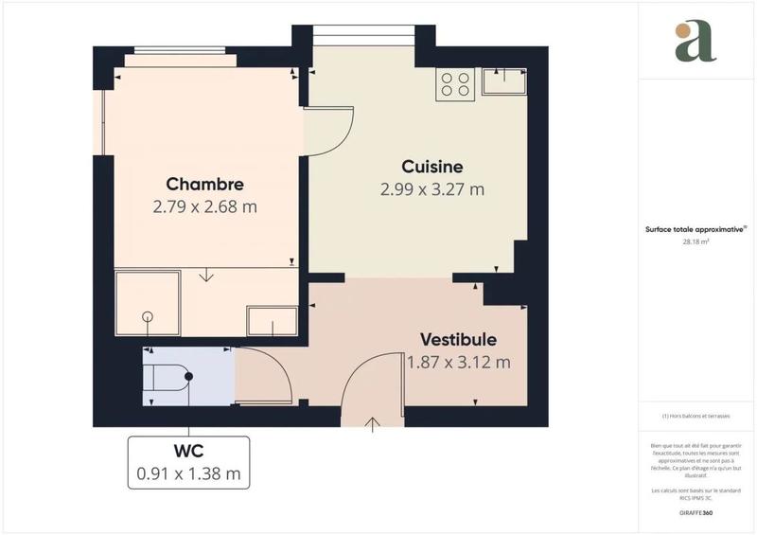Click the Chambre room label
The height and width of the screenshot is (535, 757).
205,184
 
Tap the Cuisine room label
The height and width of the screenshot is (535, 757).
431,165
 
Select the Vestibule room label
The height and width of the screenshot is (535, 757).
459,339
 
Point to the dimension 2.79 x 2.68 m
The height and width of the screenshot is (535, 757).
205,206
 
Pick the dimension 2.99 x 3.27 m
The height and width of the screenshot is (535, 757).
431,188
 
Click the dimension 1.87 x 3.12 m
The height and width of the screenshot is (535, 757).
459,362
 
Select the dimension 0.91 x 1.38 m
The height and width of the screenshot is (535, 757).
188,473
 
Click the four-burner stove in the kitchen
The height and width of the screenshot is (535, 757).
455,84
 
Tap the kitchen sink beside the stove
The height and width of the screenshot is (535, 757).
503,82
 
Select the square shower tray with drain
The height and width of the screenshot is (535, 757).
147,303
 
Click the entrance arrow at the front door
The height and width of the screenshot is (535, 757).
373,424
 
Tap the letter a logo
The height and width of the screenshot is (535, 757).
695,42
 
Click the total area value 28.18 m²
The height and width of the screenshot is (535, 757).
695,241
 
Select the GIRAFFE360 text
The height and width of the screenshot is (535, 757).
695,510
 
